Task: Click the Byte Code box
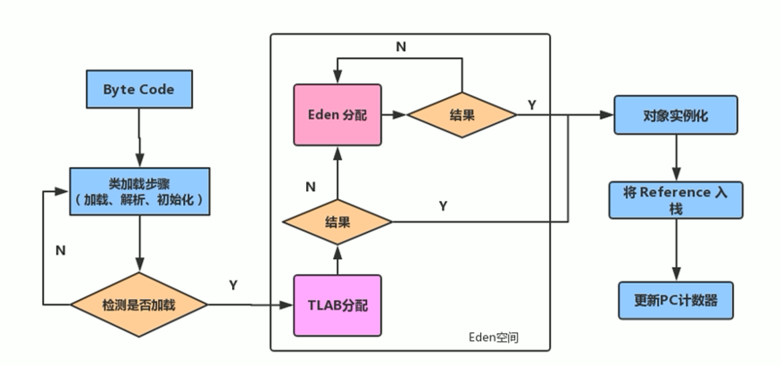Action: tap(138, 90)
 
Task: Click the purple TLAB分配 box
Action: tap(337, 304)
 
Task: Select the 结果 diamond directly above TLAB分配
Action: tap(337, 220)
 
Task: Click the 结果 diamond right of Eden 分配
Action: tap(461, 115)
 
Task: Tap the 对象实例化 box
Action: tap(676, 116)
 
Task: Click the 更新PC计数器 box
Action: tap(676, 299)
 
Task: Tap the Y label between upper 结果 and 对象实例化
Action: tap(532, 104)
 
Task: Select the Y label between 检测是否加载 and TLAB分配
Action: tap(233, 285)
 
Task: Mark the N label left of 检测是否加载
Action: tap(60, 251)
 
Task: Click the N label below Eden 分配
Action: tap(310, 187)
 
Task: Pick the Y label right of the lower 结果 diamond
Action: tap(443, 206)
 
